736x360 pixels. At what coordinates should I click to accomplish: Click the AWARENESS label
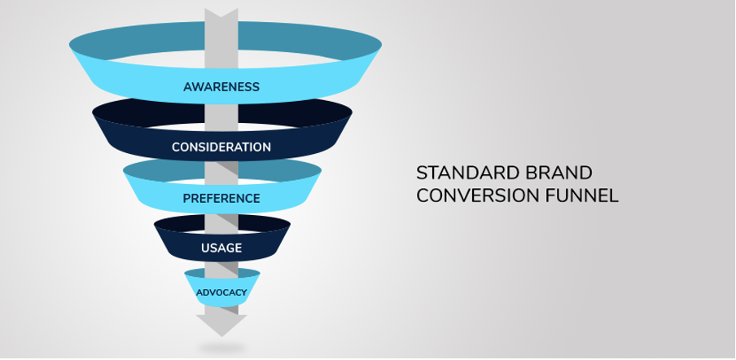[221, 87]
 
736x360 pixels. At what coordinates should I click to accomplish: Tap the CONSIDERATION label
[221, 147]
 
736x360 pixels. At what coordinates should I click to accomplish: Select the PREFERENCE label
[221, 199]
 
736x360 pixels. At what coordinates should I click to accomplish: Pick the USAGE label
[221, 248]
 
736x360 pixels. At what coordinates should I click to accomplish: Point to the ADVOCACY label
[221, 292]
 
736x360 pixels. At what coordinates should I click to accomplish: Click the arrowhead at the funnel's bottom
[221, 325]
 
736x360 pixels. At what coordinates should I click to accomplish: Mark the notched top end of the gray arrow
[221, 13]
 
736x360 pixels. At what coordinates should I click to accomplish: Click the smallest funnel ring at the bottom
[221, 288]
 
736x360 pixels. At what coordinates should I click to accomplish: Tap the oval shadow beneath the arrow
[222, 349]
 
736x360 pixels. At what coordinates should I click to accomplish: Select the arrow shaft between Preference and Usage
[221, 216]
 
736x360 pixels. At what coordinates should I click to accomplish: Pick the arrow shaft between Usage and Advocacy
[221, 266]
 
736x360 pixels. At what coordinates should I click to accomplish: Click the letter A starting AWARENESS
[188, 87]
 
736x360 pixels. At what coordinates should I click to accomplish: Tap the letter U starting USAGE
[205, 248]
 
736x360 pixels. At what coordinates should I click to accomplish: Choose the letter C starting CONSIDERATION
[176, 147]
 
